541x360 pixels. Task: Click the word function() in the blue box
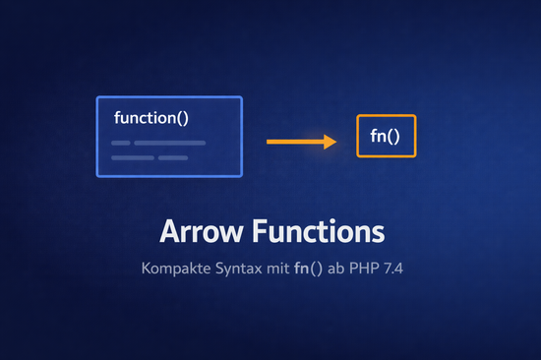click(151, 119)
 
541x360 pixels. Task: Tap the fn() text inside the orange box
click(386, 136)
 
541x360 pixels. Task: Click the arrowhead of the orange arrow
click(331, 142)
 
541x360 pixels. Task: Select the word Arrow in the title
click(202, 234)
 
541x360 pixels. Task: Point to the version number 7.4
click(395, 269)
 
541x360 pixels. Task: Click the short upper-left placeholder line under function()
click(120, 143)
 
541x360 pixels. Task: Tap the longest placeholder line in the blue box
click(169, 143)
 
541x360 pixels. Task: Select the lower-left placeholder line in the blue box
click(130, 157)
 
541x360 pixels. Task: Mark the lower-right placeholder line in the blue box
click(172, 157)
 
